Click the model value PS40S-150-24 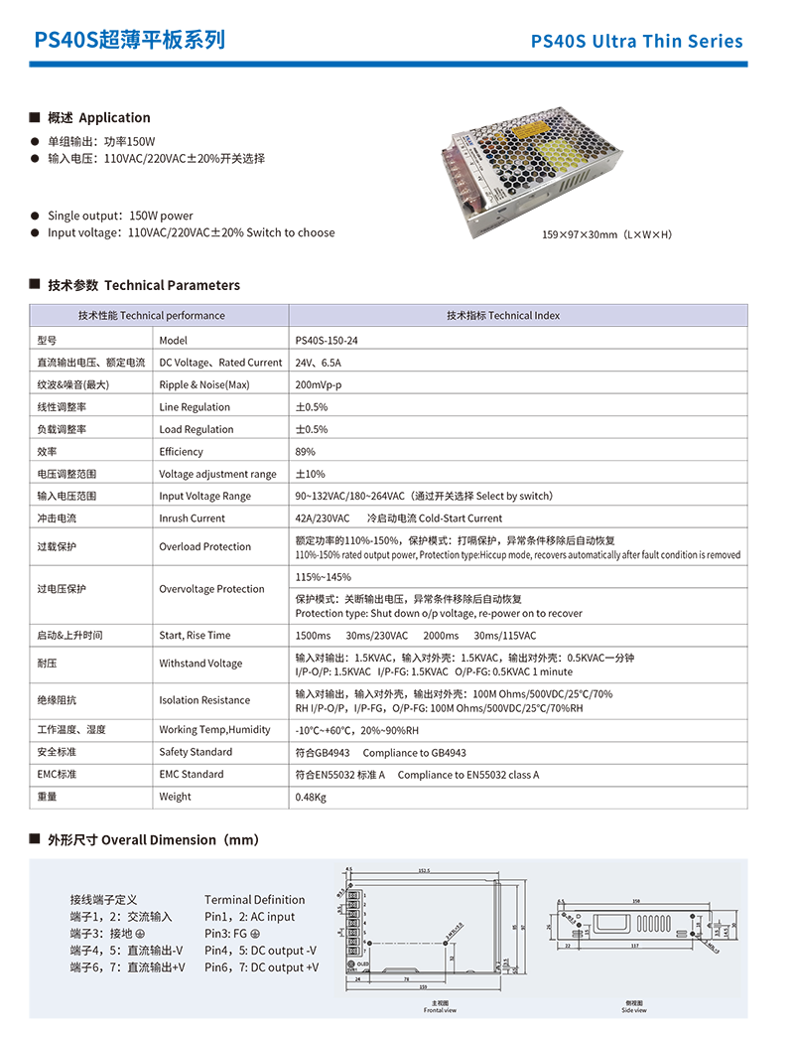(x=327, y=341)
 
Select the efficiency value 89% (x=305, y=452)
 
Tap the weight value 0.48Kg (x=312, y=797)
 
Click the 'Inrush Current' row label (x=193, y=518)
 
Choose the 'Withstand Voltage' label (x=200, y=664)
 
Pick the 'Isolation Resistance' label (x=205, y=700)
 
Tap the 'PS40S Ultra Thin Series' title (x=636, y=42)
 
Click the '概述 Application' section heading (x=98, y=118)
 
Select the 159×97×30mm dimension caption (x=606, y=234)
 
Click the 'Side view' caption (x=634, y=1010)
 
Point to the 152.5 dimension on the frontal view (x=423, y=872)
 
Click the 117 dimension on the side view (x=634, y=947)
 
